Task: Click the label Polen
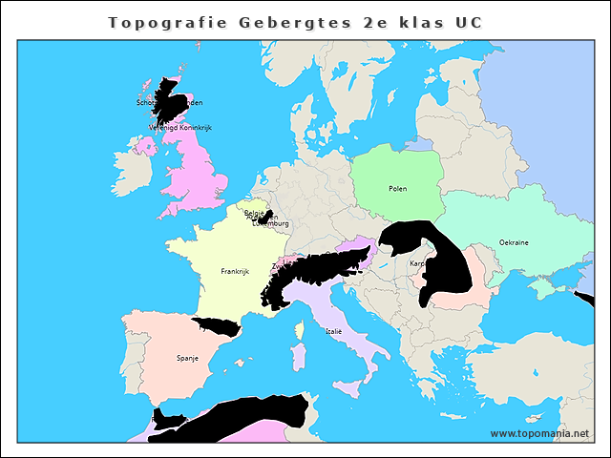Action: click(x=397, y=189)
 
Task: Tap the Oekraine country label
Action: click(x=514, y=242)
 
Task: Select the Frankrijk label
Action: click(x=234, y=272)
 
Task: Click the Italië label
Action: click(x=333, y=331)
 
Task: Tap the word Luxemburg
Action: click(x=271, y=224)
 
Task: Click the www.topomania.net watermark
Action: click(x=539, y=433)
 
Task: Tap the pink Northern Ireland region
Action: click(x=145, y=146)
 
